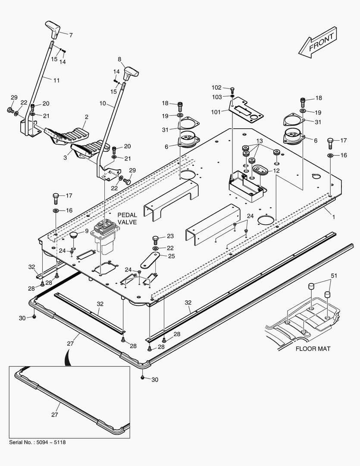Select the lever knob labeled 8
130,72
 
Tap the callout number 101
216,112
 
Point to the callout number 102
216,88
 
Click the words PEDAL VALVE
127,218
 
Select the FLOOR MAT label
313,349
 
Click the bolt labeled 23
156,239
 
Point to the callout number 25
172,256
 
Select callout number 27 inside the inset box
55,415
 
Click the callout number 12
275,171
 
